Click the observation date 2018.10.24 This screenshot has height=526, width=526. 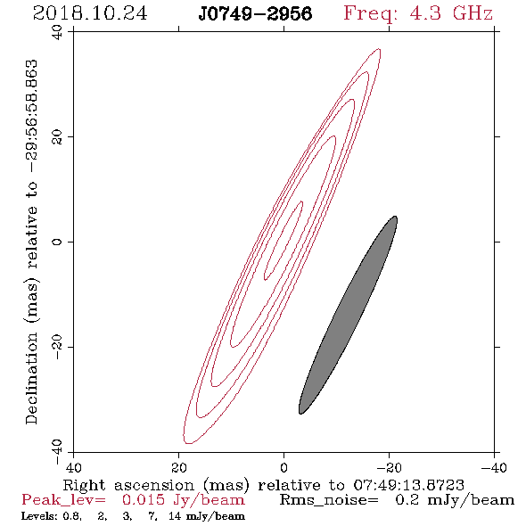click(x=90, y=13)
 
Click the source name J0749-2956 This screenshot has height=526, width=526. click(x=255, y=14)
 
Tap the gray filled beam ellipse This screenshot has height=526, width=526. click(x=348, y=315)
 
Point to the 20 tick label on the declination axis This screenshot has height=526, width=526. click(x=57, y=137)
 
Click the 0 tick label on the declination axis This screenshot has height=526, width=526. click(x=57, y=242)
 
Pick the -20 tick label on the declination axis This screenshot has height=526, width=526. click(x=57, y=347)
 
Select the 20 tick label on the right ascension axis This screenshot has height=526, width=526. click(x=179, y=467)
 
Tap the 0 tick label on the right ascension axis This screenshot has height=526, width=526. click(x=284, y=467)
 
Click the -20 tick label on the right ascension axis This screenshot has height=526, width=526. click(x=389, y=467)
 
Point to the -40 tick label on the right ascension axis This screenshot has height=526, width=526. click(x=494, y=467)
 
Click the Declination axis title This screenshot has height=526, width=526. click(x=31, y=242)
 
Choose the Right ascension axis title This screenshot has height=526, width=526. click(x=264, y=485)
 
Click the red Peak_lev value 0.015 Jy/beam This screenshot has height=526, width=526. click(x=183, y=500)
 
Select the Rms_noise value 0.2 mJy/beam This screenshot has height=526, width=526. click(x=455, y=500)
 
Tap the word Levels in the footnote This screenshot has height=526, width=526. click(x=32, y=515)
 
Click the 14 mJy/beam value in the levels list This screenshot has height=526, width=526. click(x=207, y=516)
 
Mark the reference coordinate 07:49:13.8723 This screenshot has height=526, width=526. click(x=409, y=485)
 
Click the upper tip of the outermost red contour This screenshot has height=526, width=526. click(x=380, y=49)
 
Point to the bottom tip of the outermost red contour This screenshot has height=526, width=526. click(x=188, y=443)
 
